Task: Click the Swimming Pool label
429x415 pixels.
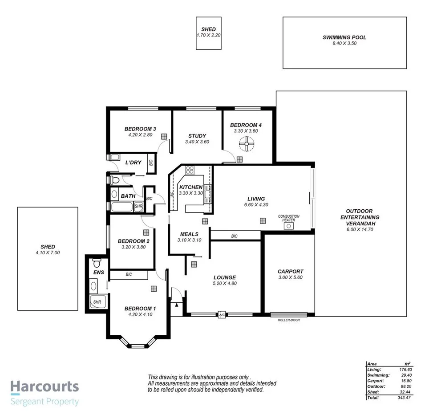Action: click(344, 38)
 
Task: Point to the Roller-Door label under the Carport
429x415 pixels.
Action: click(289, 320)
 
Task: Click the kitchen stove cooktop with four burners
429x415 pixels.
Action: click(190, 170)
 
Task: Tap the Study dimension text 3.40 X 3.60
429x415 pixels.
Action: click(197, 142)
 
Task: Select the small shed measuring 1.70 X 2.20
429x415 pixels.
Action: click(209, 33)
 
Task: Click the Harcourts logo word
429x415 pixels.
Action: click(45, 387)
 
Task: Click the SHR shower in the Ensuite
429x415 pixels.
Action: click(97, 302)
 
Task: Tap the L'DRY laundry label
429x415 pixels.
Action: click(133, 163)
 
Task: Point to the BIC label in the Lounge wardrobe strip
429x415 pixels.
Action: click(234, 236)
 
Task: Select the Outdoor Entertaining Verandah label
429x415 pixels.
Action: click(359, 217)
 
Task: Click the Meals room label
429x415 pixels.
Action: click(189, 234)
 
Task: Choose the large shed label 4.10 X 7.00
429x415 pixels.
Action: click(48, 252)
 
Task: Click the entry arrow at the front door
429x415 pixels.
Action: click(177, 305)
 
